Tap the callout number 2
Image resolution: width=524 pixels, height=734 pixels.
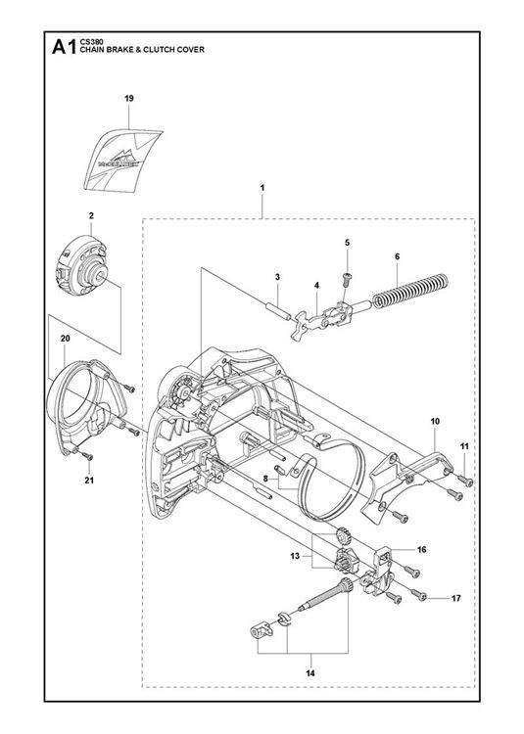coord(90,214)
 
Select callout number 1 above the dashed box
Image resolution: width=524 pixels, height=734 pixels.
coord(262,186)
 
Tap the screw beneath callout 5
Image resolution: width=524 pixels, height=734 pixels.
coord(346,280)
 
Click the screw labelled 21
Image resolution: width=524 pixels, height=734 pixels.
coord(88,456)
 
